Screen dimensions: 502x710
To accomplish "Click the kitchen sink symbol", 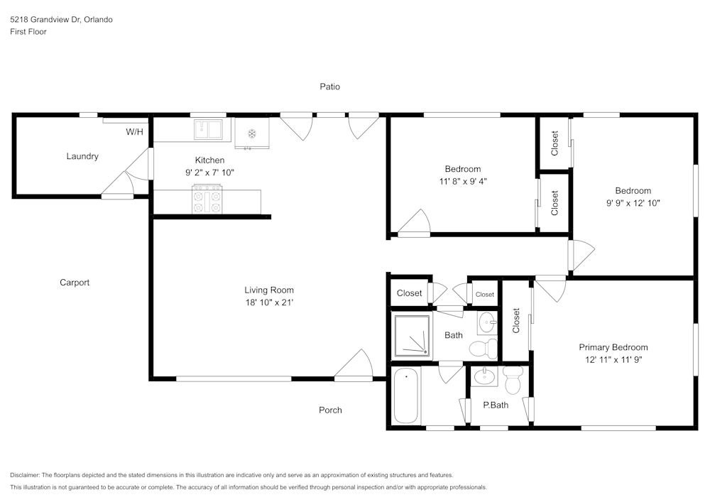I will (x=209, y=129).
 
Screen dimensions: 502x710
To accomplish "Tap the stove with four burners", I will (x=207, y=199).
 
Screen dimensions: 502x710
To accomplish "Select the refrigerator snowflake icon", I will (x=251, y=133).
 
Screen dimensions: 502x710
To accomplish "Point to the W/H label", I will (x=134, y=132).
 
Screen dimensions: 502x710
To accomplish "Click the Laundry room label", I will (x=82, y=156).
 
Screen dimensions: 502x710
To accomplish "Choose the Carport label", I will (x=75, y=283).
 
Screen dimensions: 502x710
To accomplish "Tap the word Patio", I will (x=329, y=87).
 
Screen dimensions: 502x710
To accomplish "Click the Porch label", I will (x=330, y=410).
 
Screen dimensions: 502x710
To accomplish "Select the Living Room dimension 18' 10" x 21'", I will (x=269, y=302).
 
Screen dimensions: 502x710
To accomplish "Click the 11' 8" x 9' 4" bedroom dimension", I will (x=462, y=181).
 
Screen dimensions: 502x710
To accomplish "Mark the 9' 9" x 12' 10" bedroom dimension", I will (x=633, y=203).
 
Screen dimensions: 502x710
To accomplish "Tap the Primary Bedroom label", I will (x=613, y=347).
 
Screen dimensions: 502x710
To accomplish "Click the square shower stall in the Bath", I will (x=412, y=334).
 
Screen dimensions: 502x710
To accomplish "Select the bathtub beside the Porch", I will (x=407, y=396).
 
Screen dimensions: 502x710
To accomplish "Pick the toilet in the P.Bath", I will (x=513, y=381).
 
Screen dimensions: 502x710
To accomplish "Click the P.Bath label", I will (x=496, y=405).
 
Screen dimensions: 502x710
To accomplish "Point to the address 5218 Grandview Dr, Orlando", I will (x=61, y=20).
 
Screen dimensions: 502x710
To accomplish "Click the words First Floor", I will (x=28, y=32).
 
